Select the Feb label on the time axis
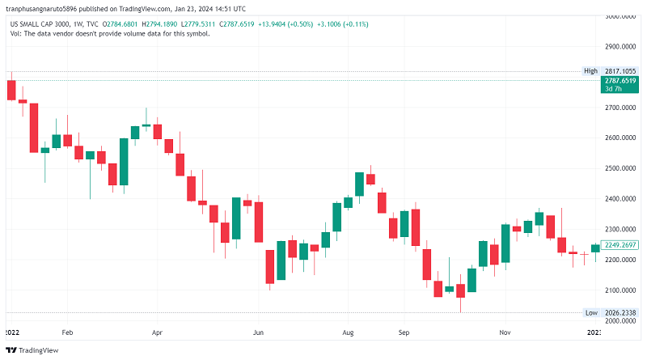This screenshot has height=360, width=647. (67, 332)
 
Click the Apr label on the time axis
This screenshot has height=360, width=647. (157, 332)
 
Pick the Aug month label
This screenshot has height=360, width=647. (349, 332)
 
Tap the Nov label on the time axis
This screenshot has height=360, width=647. (505, 332)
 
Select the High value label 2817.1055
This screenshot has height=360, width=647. (620, 71)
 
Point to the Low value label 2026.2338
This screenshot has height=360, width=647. (620, 312)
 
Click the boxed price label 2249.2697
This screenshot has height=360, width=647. (620, 244)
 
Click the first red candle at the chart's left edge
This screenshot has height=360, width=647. (11, 90)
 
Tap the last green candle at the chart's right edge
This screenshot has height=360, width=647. (595, 248)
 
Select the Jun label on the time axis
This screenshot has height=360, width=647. (258, 332)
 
